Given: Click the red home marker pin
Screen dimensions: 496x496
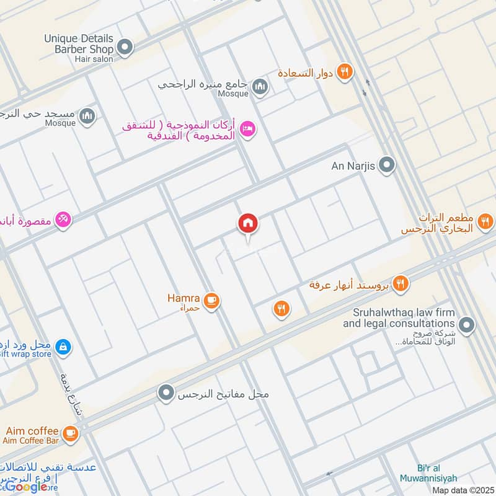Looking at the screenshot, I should point(248,223).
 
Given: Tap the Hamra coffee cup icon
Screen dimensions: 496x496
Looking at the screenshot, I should point(212,301).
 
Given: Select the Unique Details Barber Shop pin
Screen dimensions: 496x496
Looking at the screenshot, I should point(126,47).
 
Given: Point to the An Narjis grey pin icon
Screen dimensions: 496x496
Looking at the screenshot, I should point(387,165).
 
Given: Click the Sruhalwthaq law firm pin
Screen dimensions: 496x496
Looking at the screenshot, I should point(467,324).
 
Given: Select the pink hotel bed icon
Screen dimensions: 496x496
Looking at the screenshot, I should point(248,129).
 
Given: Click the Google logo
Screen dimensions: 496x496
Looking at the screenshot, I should point(26,487).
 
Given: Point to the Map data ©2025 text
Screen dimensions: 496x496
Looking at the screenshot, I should point(463,490).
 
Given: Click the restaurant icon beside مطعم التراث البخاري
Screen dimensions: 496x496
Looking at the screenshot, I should point(485,220).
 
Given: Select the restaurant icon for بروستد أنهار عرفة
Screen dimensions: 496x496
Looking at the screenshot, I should point(401,283).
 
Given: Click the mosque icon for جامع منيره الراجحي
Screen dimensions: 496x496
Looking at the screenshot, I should point(260,86).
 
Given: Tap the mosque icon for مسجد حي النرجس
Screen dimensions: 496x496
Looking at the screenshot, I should point(88,115).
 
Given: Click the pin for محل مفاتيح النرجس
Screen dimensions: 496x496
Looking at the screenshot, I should point(165,393).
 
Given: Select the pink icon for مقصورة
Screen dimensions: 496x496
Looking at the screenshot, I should point(63,219).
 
